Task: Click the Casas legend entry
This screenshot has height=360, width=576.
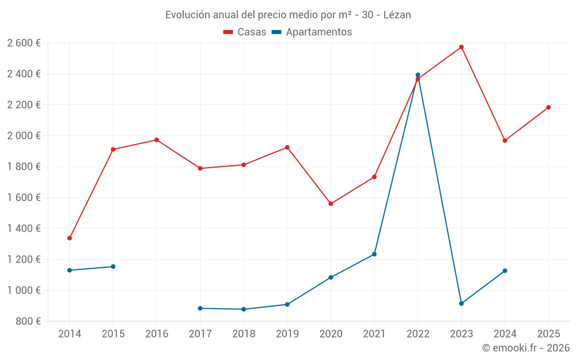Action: (245, 32)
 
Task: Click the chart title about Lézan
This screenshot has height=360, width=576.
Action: (288, 15)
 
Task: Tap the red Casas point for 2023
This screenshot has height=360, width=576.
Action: (461, 47)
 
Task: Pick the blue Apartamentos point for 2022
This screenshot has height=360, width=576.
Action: (418, 75)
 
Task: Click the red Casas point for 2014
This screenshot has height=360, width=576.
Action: (70, 238)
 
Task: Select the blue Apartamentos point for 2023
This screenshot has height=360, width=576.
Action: (461, 304)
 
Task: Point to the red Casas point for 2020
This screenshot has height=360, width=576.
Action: (331, 204)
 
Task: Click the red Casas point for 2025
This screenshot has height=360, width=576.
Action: (548, 107)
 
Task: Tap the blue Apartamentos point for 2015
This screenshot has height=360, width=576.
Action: (113, 267)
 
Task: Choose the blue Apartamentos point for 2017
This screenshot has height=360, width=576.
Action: (200, 308)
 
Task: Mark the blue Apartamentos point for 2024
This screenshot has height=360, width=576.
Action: (505, 271)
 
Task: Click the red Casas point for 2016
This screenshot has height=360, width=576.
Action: (157, 140)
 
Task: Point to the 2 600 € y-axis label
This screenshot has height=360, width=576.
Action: (24, 43)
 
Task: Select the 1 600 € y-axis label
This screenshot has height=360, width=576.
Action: (24, 198)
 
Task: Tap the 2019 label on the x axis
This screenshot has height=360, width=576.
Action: (287, 334)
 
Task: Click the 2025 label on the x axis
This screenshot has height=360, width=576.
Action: (548, 334)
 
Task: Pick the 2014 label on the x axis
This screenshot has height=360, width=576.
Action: (70, 334)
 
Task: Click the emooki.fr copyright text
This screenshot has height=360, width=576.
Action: (525, 348)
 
